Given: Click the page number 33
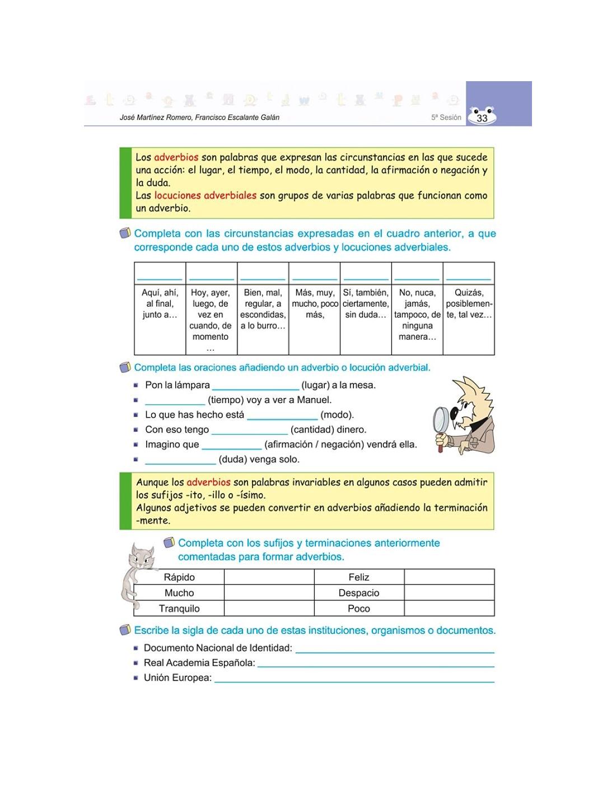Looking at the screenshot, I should tap(482, 118).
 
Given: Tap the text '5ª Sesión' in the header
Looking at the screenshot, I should tap(446, 118).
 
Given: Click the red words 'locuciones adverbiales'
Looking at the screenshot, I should tap(205, 195).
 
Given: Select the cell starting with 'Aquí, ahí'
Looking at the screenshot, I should tap(160, 304).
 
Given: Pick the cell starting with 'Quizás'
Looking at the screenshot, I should tap(469, 304).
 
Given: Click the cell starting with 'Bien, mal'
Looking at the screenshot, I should tap(263, 309).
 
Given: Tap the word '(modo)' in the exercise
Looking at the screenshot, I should tap(337, 415).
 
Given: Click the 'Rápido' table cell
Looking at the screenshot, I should tap(179, 577).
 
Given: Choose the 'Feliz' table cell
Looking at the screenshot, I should tap(359, 577).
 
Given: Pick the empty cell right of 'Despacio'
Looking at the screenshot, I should tap(449, 593).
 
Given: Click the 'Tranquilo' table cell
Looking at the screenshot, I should tap(179, 608).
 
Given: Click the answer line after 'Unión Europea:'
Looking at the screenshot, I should tap(354, 680).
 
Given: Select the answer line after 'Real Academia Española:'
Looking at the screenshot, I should tap(376, 664).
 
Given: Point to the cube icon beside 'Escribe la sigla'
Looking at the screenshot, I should tap(125, 630).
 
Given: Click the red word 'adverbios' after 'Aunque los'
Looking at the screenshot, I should tap(208, 482).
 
